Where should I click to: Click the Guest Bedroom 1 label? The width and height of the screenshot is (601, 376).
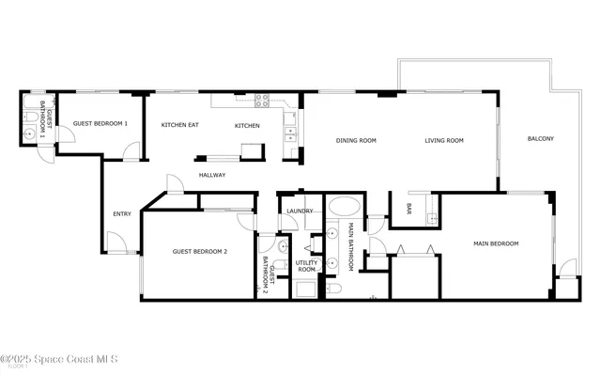(x=100, y=124)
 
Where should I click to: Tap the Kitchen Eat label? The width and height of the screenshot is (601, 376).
(x=179, y=125)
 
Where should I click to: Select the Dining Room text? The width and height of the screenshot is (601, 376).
(x=356, y=140)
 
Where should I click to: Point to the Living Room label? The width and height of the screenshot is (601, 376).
(x=444, y=140)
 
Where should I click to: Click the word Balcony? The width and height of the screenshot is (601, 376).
(x=540, y=139)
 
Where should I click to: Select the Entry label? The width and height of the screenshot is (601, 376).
(x=122, y=213)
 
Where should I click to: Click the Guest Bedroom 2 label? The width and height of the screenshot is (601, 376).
(x=200, y=251)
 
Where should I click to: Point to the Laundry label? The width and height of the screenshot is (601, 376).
(x=300, y=211)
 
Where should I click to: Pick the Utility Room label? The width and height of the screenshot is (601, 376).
(x=307, y=266)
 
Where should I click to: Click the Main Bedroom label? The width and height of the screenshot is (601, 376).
(x=496, y=243)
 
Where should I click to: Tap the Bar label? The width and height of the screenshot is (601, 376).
(x=408, y=208)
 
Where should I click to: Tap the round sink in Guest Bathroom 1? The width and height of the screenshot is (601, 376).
(x=30, y=133)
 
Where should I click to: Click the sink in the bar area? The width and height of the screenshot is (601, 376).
(x=431, y=219)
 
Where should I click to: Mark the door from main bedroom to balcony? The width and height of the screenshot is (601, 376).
(x=565, y=272)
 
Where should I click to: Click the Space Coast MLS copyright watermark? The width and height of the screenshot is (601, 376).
(x=66, y=359)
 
